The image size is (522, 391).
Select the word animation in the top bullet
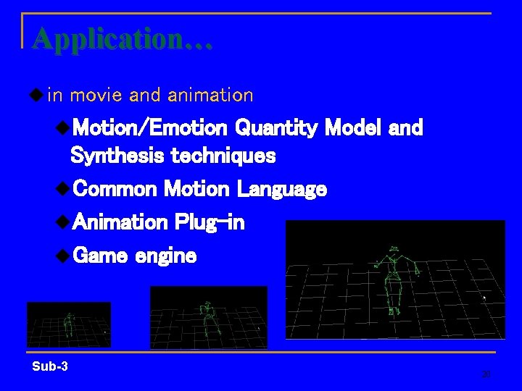(x=210, y=95)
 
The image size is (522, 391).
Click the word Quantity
(x=275, y=129)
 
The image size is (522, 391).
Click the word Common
(x=115, y=190)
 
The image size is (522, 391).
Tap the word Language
(x=282, y=190)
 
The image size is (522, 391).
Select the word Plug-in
(x=210, y=222)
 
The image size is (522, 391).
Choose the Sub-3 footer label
(x=50, y=366)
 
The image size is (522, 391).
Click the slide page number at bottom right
(x=486, y=374)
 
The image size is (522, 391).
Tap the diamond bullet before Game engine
(x=63, y=254)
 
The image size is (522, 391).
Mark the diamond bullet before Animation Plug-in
(x=63, y=222)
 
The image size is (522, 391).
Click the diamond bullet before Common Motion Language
(x=63, y=189)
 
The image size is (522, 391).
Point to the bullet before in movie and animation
(x=36, y=94)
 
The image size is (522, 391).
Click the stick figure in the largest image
(x=394, y=279)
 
